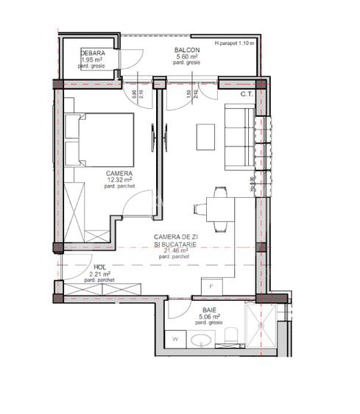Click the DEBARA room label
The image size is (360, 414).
[x=93, y=54]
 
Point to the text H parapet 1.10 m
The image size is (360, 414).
[x=234, y=43]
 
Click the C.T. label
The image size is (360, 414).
[x=247, y=94]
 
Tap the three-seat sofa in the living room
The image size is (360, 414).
[x=237, y=137]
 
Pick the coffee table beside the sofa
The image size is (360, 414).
[x=205, y=137]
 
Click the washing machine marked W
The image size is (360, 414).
[x=177, y=340]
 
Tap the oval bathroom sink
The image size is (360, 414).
[x=201, y=340]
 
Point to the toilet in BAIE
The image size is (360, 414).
[x=230, y=337]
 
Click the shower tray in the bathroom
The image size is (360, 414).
[x=262, y=323]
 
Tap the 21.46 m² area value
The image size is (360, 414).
[x=177, y=249]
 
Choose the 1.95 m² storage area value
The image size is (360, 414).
[x=93, y=60]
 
